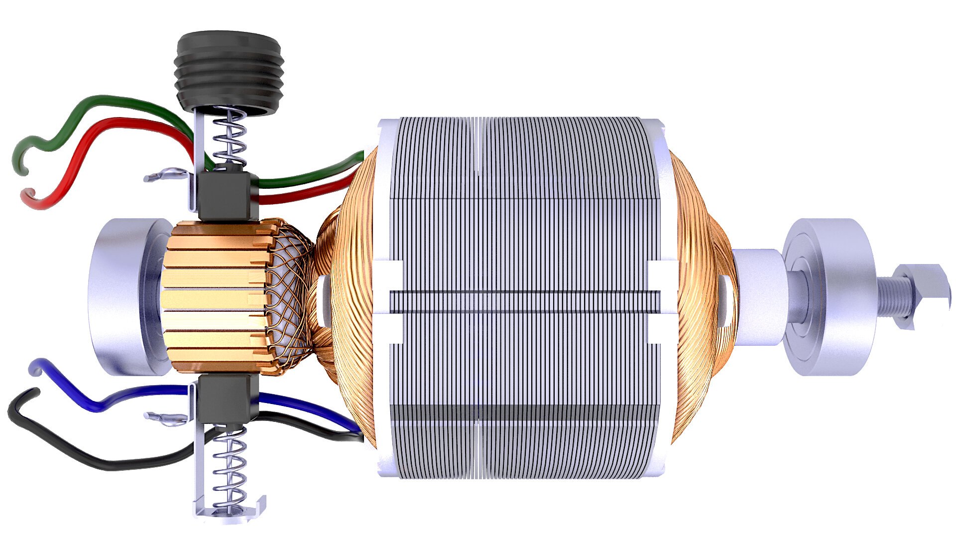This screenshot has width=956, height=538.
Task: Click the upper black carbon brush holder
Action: point(227,196)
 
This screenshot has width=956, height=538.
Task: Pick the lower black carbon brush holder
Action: point(227,399)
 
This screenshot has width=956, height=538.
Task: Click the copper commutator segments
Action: point(214,299)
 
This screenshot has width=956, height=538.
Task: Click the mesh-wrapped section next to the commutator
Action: point(289,299)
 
